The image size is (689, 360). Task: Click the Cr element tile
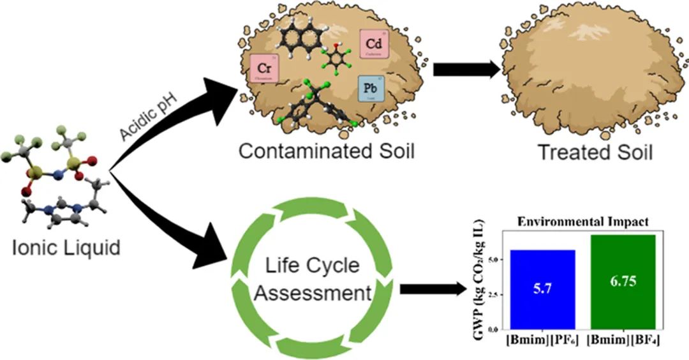(x=264, y=68)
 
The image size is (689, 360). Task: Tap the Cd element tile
(x=373, y=45)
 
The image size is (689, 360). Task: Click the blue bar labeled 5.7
(x=542, y=289)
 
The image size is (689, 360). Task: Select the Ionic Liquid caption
(x=66, y=247)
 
